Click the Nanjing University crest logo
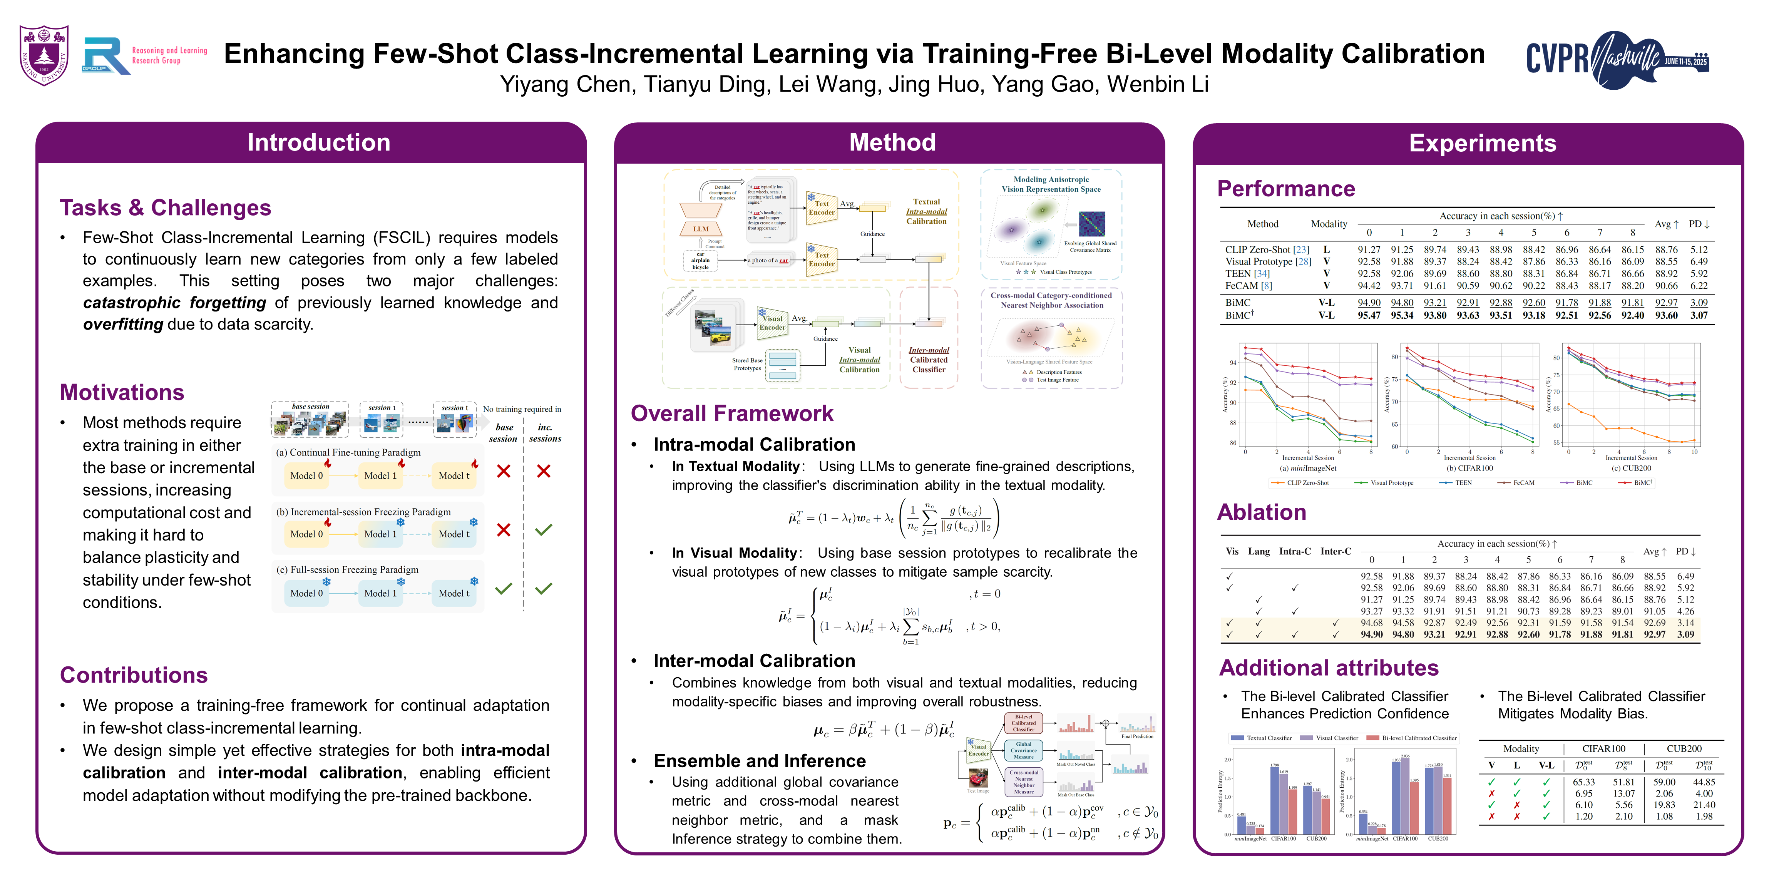[x=44, y=55]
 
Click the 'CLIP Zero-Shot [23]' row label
[x=1267, y=250]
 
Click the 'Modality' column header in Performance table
[x=1329, y=224]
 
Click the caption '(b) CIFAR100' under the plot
[x=1469, y=468]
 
